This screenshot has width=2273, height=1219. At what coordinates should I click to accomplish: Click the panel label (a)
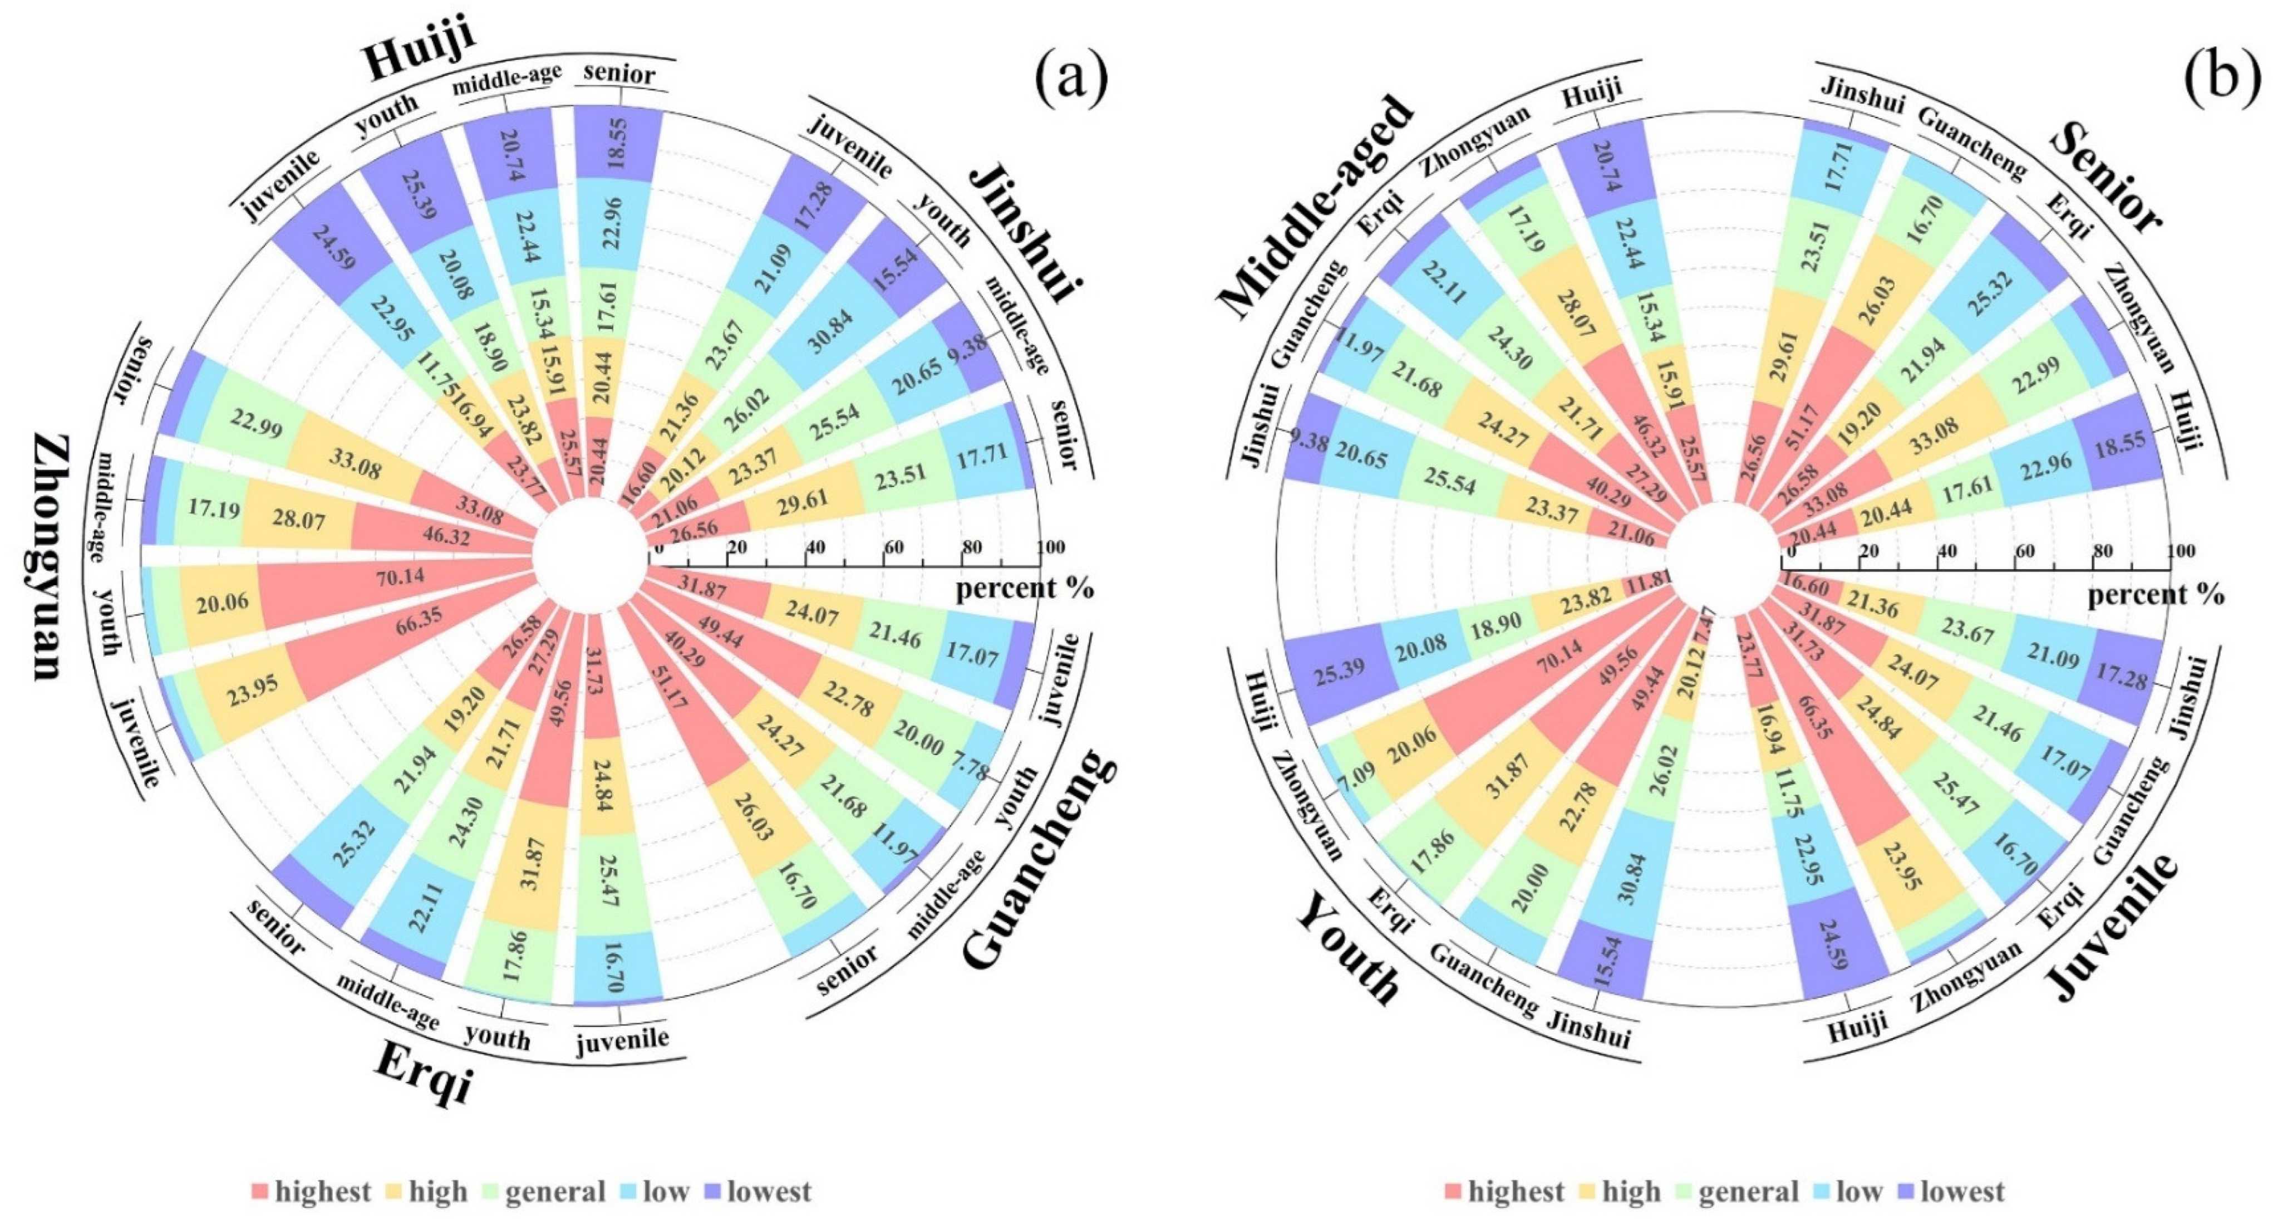click(1070, 77)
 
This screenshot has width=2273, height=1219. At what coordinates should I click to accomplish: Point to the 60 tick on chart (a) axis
click(893, 548)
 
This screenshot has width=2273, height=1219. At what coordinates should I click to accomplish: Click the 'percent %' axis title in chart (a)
click(1024, 588)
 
